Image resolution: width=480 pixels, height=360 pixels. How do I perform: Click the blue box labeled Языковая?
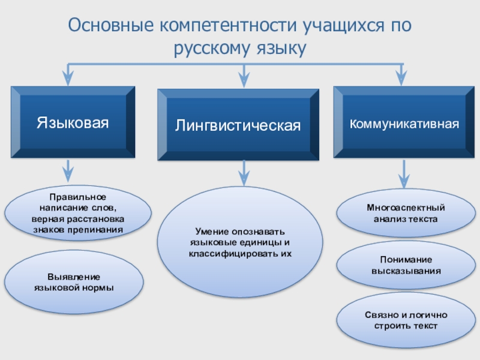72,122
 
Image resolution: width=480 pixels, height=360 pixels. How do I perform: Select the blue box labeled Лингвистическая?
238,125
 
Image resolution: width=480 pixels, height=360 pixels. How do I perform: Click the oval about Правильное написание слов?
77,213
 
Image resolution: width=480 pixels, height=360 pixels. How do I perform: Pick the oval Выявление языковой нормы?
74,282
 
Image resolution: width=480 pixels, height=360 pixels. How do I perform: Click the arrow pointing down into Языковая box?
70,74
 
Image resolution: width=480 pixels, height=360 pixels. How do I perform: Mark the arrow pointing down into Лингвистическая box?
243,76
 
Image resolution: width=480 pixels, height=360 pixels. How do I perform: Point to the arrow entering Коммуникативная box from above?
402,74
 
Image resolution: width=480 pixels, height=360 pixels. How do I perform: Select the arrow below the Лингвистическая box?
243,173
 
